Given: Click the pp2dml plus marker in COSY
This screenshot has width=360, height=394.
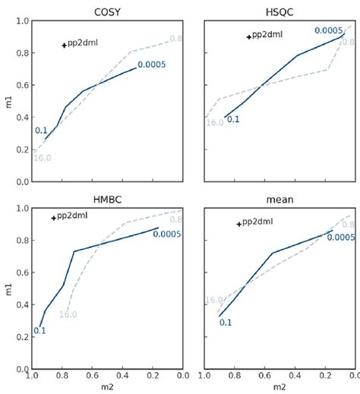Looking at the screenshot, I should click(65, 46).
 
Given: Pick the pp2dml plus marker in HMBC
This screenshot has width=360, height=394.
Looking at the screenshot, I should click(54, 218).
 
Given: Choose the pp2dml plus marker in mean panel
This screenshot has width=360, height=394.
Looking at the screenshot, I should click(239, 224).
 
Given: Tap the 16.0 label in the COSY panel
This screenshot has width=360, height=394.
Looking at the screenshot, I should click(42, 158).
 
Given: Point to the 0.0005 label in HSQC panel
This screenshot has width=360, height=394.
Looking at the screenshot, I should click(329, 30).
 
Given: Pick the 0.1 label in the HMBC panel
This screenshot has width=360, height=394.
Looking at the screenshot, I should click(39, 330).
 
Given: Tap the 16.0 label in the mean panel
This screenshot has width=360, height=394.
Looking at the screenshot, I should click(215, 300).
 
